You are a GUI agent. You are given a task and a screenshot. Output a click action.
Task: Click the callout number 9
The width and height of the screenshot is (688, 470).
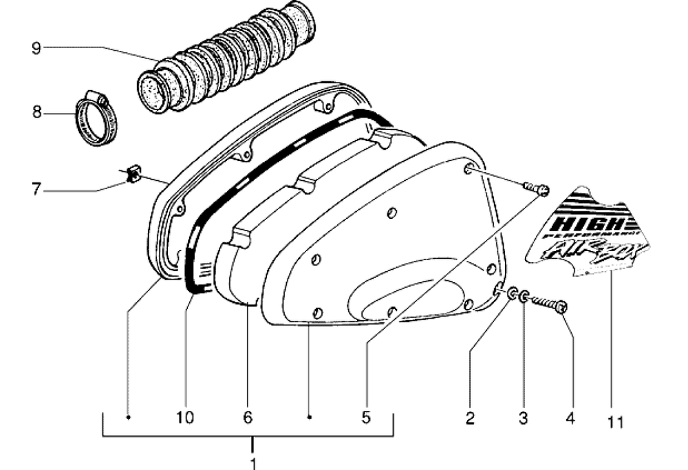(36, 47)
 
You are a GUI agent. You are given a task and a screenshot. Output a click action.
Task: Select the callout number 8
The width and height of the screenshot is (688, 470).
(36, 111)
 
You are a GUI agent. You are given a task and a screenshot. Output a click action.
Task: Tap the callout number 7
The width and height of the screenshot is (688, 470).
(36, 188)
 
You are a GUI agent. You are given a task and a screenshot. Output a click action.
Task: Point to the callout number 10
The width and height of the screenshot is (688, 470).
(185, 417)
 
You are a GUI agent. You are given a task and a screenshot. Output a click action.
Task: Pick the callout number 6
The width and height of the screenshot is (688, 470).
(248, 417)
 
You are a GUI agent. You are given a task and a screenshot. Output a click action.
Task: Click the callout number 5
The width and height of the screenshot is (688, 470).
(366, 417)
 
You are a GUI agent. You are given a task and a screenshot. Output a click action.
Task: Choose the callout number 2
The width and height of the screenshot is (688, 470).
(471, 417)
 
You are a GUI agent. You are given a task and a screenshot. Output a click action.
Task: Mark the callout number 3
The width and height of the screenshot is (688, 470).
(524, 417)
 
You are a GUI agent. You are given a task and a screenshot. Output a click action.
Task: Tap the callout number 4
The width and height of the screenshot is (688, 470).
(570, 417)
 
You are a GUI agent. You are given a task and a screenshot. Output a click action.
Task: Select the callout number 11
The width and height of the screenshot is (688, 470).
(615, 421)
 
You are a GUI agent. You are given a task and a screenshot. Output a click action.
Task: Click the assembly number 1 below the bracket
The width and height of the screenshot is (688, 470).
(253, 462)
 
